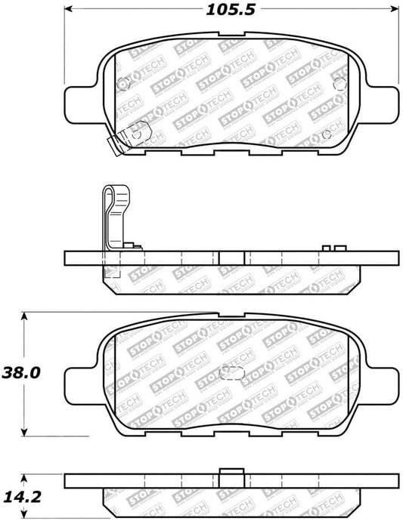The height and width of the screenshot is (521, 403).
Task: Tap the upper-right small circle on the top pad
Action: click(339, 82)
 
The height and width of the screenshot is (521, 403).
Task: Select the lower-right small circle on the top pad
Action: click(326, 134)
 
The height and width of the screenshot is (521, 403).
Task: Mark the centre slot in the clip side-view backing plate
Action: click(231, 257)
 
